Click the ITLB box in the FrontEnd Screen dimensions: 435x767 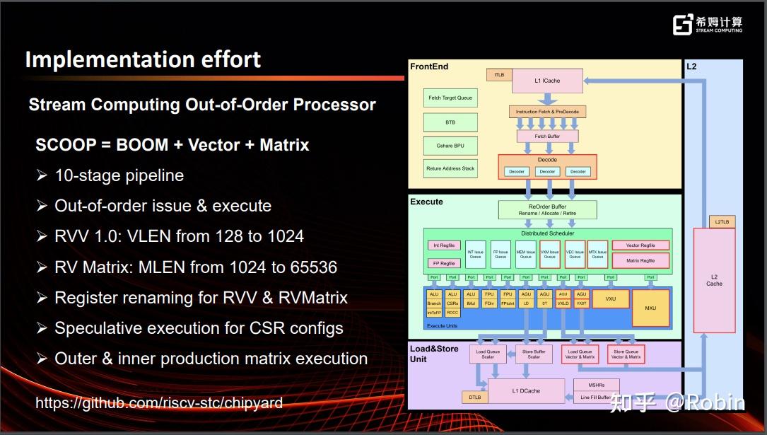(x=499, y=74)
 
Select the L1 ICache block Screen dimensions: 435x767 (x=547, y=81)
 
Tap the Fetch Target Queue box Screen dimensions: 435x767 (x=450, y=98)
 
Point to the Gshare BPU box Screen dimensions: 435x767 (x=450, y=146)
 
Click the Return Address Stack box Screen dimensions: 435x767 (x=450, y=168)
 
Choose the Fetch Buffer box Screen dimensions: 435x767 (x=547, y=136)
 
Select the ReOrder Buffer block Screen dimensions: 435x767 (x=547, y=209)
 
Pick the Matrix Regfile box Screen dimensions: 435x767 (x=640, y=260)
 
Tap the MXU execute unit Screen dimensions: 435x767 (x=650, y=308)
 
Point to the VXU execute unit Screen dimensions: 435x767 (x=610, y=298)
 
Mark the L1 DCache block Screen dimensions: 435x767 (x=526, y=390)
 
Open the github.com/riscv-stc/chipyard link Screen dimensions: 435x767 (x=159, y=403)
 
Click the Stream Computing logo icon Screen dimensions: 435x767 (x=682, y=25)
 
